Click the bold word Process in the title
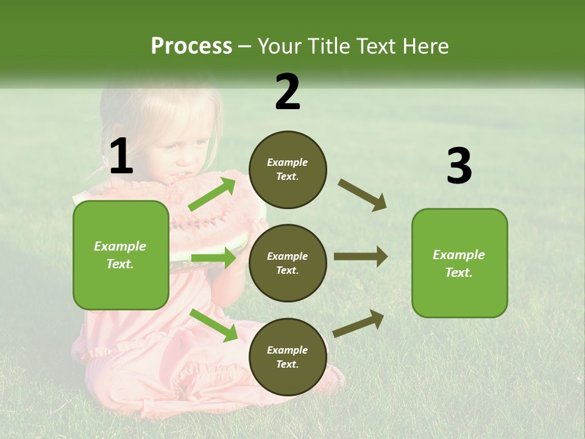click(x=191, y=46)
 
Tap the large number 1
click(x=121, y=157)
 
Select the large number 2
click(x=288, y=92)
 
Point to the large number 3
click(x=459, y=166)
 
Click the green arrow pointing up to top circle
click(x=212, y=195)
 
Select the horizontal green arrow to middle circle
click(x=213, y=258)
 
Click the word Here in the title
click(x=424, y=46)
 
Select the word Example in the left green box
click(x=120, y=246)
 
